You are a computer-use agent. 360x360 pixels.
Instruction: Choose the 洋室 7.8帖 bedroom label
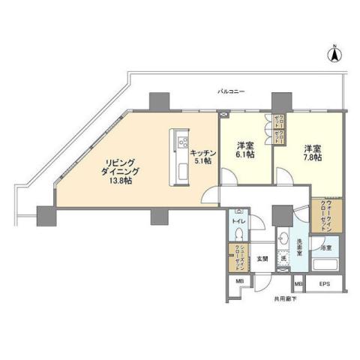(x=313, y=152)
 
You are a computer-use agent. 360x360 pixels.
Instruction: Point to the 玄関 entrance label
(x=263, y=259)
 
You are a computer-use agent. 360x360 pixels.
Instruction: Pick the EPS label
(x=324, y=285)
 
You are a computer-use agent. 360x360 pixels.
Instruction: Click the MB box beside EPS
(x=298, y=285)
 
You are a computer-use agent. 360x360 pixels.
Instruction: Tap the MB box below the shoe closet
(x=241, y=281)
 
